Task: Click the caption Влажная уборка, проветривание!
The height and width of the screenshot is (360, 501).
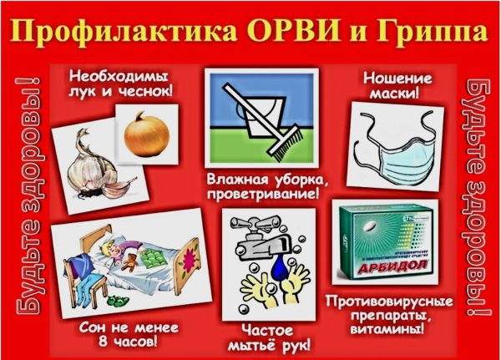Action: tap(262, 186)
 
